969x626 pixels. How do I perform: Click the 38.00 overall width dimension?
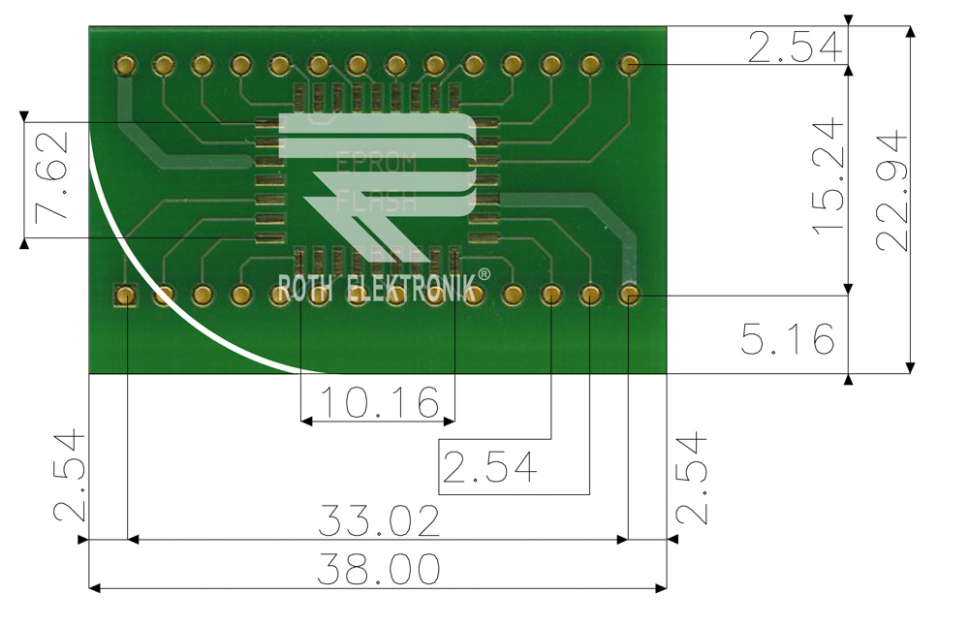point(378,570)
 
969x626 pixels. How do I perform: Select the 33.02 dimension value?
point(379,521)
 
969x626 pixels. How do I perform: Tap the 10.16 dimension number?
point(380,402)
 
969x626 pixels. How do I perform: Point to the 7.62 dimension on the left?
point(52,177)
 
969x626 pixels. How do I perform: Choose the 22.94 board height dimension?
point(891,190)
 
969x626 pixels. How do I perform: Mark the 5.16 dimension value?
point(788,339)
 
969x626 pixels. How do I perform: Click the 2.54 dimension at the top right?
point(796,47)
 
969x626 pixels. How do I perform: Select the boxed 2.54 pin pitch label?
point(489,467)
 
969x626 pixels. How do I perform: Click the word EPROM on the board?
point(377,163)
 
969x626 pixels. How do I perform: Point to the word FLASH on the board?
point(376,201)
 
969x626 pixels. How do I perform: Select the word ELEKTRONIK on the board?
point(412,288)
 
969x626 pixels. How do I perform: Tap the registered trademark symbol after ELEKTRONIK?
point(484,273)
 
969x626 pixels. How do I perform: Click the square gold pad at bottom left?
point(125,295)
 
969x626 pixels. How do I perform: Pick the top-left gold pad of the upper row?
point(125,65)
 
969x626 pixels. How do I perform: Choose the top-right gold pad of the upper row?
point(629,64)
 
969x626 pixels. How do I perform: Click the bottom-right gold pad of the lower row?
point(630,295)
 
